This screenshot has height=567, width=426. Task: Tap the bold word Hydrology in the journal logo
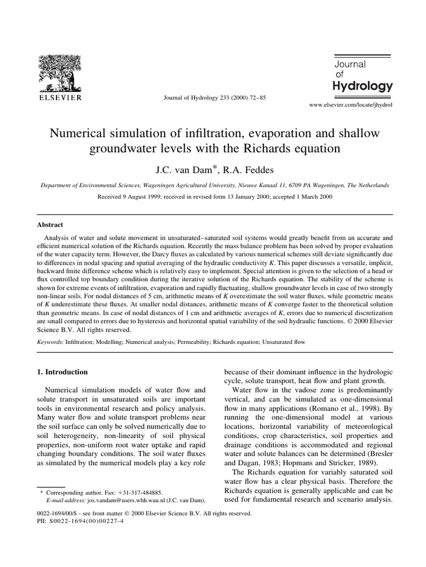click(x=362, y=86)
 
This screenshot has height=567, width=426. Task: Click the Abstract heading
click(x=50, y=225)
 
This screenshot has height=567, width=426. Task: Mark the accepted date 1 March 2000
click(x=308, y=197)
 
